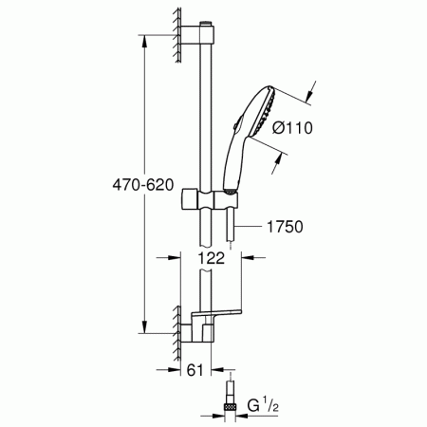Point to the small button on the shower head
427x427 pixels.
[234, 122]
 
